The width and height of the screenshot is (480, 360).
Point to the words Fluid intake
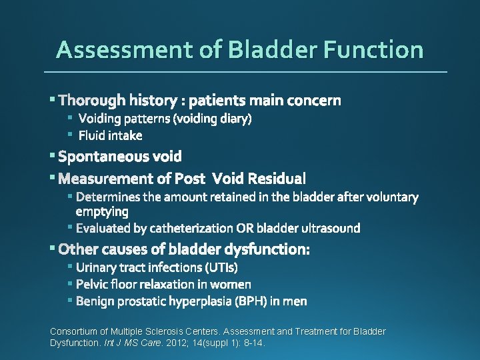pyautogui.click(x=110, y=136)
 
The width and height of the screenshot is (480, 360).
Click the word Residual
pyautogui.click(x=277, y=179)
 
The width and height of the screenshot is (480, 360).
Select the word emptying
pyautogui.click(x=102, y=212)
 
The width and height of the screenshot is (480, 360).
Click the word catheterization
pyautogui.click(x=192, y=229)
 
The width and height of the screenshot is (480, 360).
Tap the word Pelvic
pyautogui.click(x=91, y=285)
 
